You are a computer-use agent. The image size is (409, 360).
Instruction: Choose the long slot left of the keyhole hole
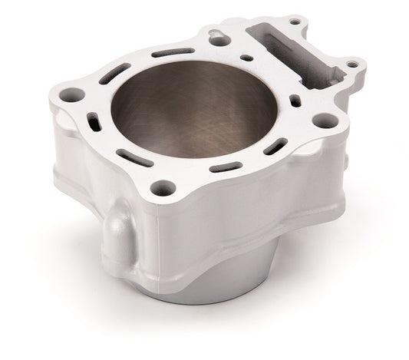[x=167, y=54]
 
